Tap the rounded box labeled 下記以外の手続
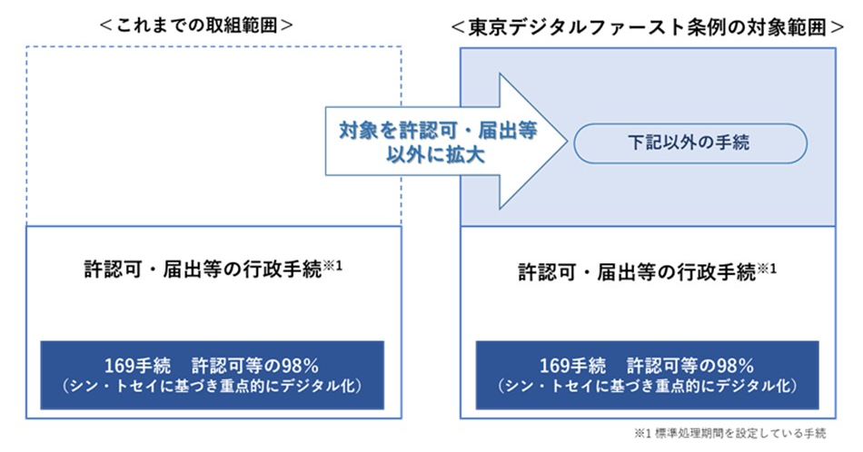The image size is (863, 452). pos(690,142)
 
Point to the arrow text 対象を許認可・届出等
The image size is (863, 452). pos(425,131)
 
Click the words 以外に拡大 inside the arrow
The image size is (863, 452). pos(426,154)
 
